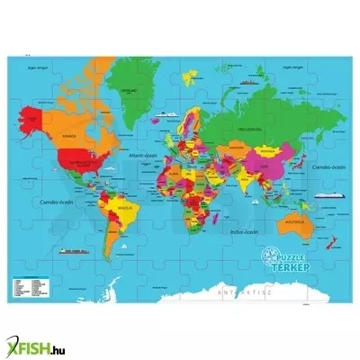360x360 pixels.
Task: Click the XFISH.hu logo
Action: (36, 338)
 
